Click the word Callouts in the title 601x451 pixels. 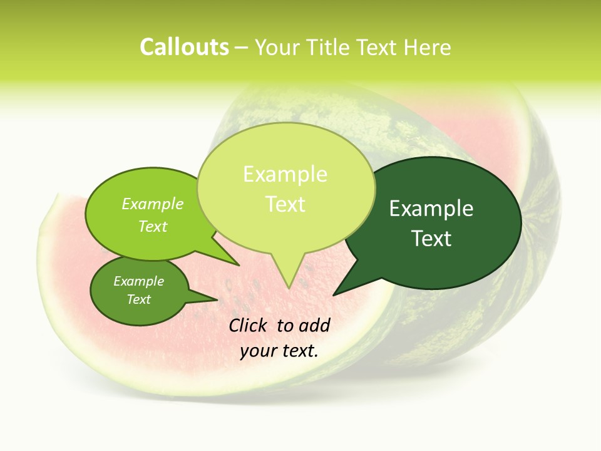point(184,48)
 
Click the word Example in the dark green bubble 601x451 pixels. point(431,209)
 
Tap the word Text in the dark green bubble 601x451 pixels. point(431,239)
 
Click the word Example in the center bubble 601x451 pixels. point(285,174)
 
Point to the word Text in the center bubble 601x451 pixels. point(285,204)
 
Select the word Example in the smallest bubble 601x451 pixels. point(138,281)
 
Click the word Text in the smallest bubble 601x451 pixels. point(138,299)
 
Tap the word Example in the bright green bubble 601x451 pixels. point(152,204)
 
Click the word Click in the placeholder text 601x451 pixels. point(249,325)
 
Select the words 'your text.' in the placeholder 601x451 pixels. point(279,351)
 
